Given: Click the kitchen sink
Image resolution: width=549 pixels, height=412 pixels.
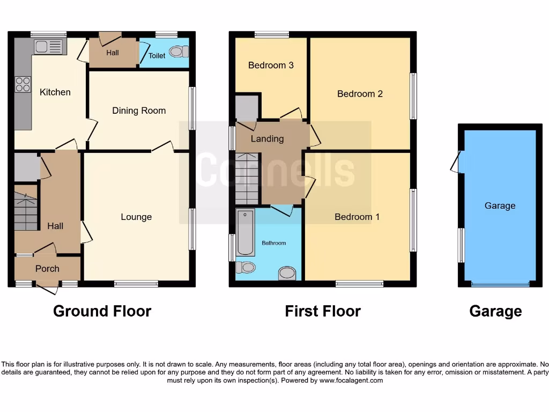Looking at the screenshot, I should pyautogui.click(x=48, y=47).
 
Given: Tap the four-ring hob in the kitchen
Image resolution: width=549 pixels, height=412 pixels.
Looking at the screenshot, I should pyautogui.click(x=23, y=84).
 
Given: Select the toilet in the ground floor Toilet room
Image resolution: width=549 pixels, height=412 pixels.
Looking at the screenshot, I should pyautogui.click(x=179, y=51).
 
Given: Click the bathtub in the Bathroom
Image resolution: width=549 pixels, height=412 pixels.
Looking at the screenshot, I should pyautogui.click(x=246, y=232).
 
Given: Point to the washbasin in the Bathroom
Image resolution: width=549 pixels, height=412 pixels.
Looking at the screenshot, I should pyautogui.click(x=287, y=273).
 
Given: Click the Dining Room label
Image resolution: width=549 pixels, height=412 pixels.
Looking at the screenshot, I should pyautogui.click(x=139, y=111).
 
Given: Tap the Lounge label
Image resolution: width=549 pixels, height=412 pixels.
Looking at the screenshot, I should pyautogui.click(x=136, y=217).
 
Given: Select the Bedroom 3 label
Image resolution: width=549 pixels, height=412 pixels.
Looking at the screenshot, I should pyautogui.click(x=271, y=65).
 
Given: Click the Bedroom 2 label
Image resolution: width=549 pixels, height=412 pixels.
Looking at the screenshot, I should pyautogui.click(x=360, y=94).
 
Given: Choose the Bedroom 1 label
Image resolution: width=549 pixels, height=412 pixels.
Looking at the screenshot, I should pyautogui.click(x=357, y=217).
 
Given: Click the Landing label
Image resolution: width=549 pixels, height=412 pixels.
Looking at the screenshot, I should pyautogui.click(x=267, y=139).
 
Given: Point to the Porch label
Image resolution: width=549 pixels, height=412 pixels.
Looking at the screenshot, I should pyautogui.click(x=47, y=268).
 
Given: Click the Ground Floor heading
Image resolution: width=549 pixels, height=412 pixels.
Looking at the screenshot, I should pyautogui.click(x=102, y=311).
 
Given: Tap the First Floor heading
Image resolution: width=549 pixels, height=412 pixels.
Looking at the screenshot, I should pyautogui.click(x=323, y=311).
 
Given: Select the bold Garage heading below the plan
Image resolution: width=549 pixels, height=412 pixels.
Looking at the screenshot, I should pyautogui.click(x=495, y=311).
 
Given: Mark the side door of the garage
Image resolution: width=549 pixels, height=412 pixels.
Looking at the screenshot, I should pyautogui.click(x=456, y=162).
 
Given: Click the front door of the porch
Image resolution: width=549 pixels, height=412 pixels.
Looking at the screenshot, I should pyautogui.click(x=48, y=289).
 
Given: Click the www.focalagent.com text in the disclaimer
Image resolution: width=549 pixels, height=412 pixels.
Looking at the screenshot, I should pyautogui.click(x=351, y=380).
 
